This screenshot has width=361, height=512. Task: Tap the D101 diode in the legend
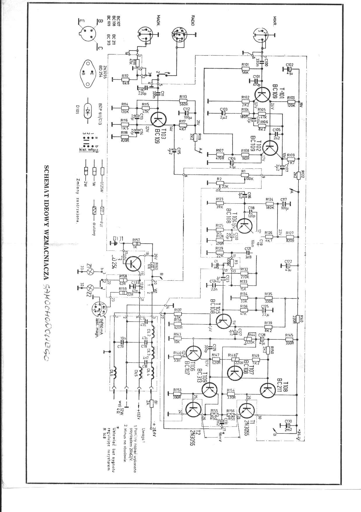point(88,111)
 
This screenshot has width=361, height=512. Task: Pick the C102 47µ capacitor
point(289,69)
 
